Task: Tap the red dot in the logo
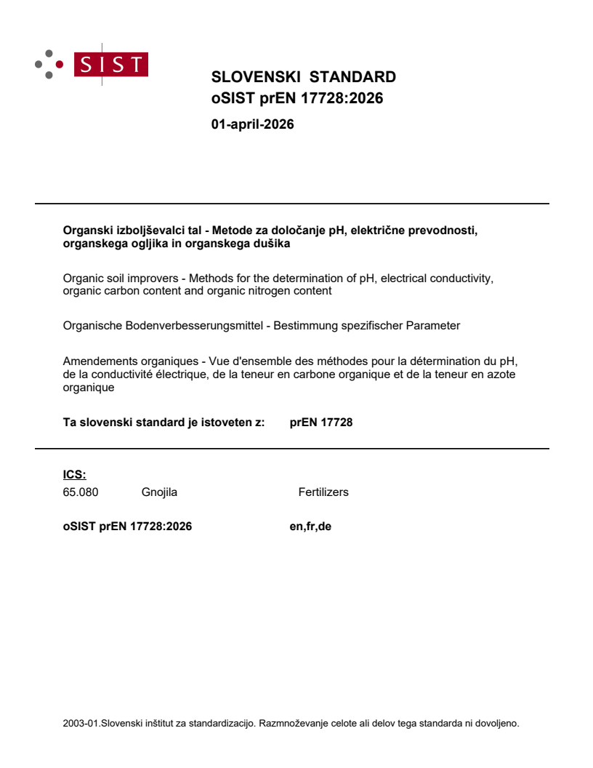[x=60, y=64]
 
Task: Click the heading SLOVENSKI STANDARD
[x=303, y=77]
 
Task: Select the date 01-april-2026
[x=252, y=124]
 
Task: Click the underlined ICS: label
[x=74, y=475]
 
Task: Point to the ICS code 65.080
[x=81, y=492]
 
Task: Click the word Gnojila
[x=159, y=492]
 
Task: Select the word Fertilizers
[x=323, y=492]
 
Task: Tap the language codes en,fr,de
[x=310, y=527]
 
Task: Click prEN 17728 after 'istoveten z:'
[x=321, y=422]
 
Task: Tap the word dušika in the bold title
[x=274, y=244]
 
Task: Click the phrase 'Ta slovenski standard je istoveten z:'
[x=164, y=422]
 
